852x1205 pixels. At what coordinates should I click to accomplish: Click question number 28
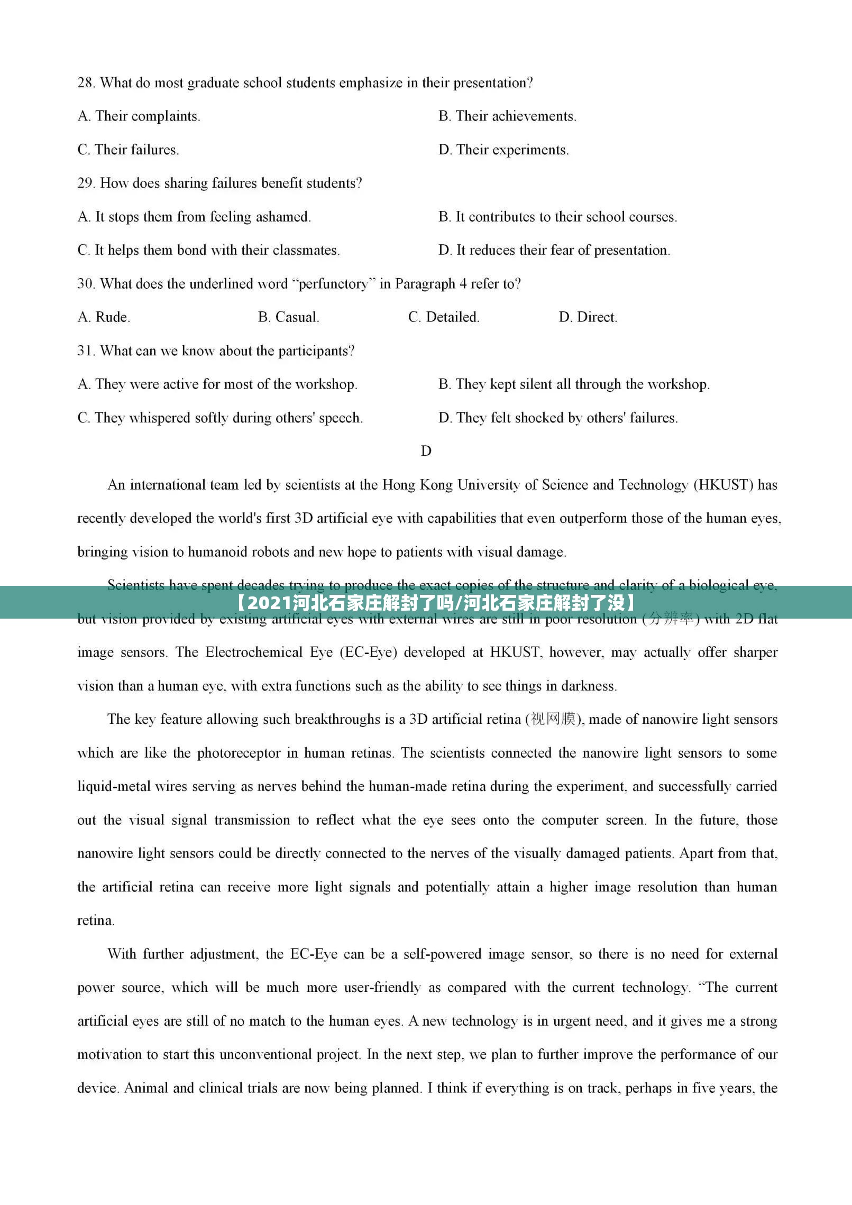tap(86, 83)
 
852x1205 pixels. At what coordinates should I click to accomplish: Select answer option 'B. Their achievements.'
tap(507, 116)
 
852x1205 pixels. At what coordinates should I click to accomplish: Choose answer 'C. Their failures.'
tap(128, 150)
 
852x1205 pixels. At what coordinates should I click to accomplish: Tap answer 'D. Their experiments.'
tap(503, 150)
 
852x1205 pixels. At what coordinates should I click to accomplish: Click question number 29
tap(86, 183)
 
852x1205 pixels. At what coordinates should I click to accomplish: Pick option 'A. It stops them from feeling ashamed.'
tap(194, 217)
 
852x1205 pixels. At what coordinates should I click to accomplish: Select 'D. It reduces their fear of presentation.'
tap(554, 251)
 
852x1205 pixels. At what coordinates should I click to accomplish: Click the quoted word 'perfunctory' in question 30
tap(333, 284)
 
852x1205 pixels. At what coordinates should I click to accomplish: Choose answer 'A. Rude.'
tap(104, 318)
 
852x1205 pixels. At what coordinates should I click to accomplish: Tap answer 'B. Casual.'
tap(288, 318)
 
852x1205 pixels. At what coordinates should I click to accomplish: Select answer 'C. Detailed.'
tap(444, 318)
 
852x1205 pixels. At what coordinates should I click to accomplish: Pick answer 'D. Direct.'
tap(588, 318)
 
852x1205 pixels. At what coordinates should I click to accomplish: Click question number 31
tap(86, 351)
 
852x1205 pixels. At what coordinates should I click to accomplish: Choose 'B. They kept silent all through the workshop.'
tap(574, 384)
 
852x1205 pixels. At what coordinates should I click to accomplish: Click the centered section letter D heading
tap(426, 451)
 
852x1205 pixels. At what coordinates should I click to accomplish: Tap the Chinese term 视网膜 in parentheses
tap(553, 720)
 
